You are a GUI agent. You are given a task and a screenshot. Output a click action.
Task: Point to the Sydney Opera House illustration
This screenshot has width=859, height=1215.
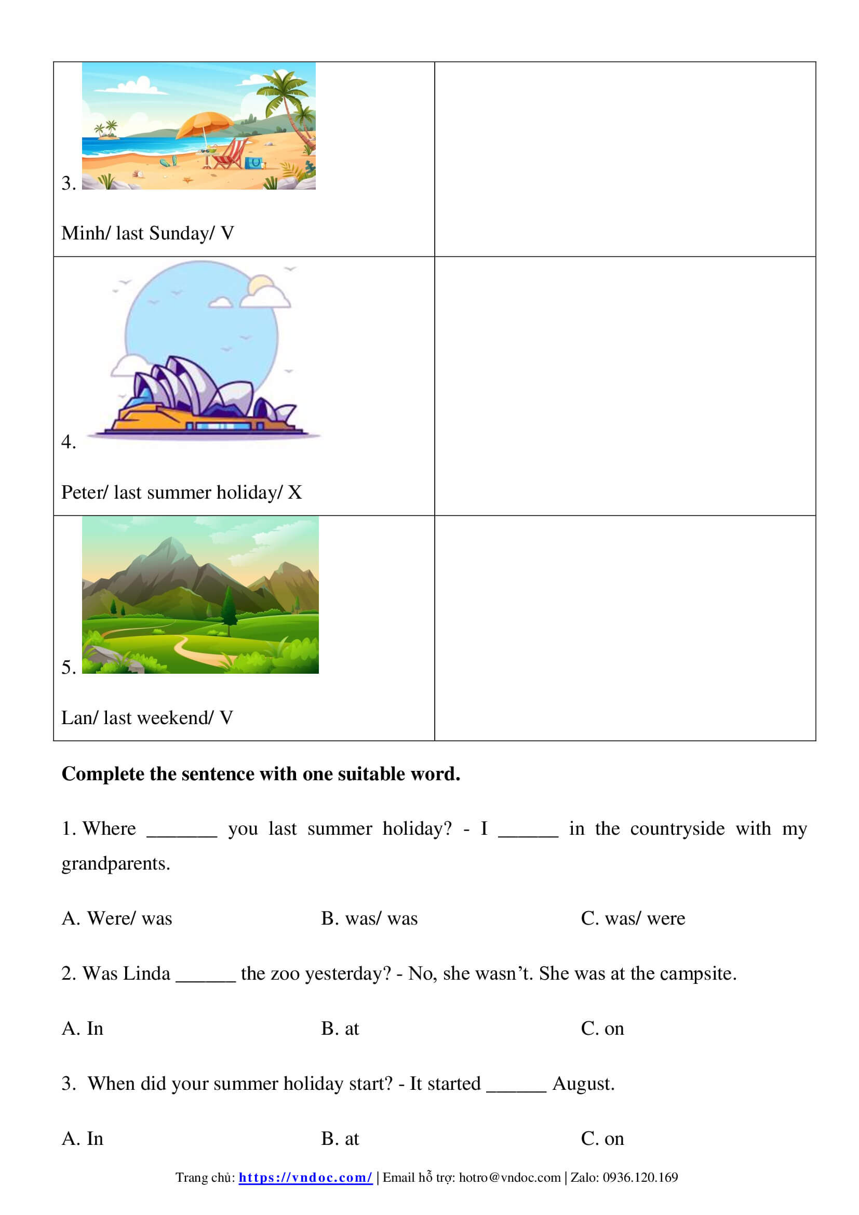click(x=204, y=394)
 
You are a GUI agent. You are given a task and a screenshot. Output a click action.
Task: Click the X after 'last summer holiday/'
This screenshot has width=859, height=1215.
click(x=294, y=492)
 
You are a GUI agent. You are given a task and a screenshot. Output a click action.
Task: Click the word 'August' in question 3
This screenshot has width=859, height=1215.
click(x=582, y=1083)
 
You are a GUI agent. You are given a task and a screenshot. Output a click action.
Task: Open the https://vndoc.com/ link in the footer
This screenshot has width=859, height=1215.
click(x=305, y=1178)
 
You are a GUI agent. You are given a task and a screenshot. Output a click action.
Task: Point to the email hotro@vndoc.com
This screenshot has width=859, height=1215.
click(x=509, y=1178)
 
